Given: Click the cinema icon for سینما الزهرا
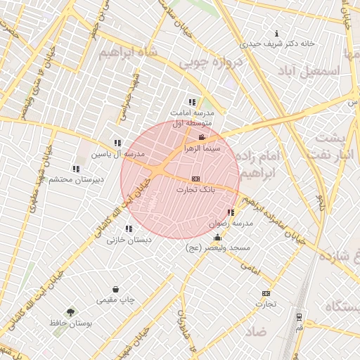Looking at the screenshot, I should coord(202,137).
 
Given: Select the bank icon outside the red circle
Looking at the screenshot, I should coord(266,293).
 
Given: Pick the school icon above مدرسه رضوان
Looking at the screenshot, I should coord(231,212).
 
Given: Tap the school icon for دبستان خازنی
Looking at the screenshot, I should coord(128,229).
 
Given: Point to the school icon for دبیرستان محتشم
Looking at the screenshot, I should coord(75,169).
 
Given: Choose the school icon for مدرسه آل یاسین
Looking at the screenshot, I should coord(117,143).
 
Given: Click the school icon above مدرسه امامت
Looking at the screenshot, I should coord(192,102).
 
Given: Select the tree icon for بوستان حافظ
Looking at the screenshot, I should coord(70,312).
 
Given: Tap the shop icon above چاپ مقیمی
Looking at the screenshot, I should coord(115,289).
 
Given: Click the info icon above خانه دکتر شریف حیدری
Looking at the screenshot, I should coord(277,33).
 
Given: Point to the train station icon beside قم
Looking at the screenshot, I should coord(299,317).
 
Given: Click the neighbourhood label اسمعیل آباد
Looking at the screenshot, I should coord(309,72).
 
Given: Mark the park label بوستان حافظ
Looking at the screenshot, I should coord(71,323).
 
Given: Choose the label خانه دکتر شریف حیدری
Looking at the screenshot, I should coord(278,43).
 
